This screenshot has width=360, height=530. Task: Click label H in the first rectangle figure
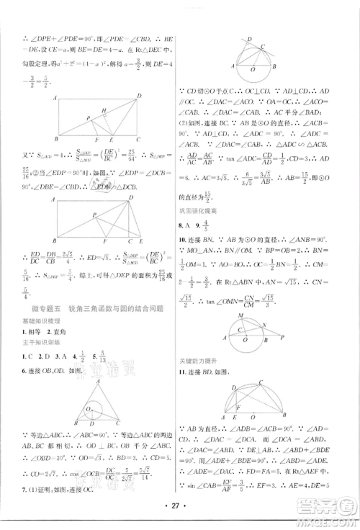coord(104,110)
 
